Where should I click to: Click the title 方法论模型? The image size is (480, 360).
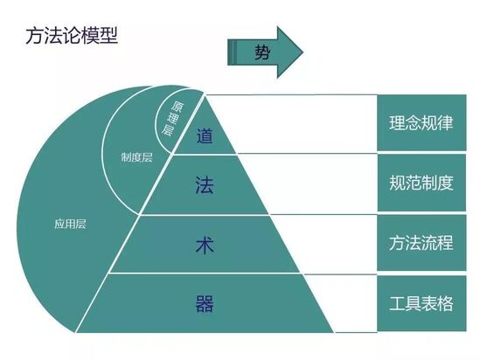(x=72, y=36)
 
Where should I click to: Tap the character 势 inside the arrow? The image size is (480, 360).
(x=262, y=52)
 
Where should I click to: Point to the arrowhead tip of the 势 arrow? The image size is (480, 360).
(x=303, y=52)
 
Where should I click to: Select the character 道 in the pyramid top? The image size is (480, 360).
(x=205, y=135)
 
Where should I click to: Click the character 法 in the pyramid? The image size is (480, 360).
(x=205, y=184)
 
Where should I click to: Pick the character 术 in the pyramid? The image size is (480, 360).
(x=205, y=246)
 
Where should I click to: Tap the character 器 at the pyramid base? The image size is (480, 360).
(x=205, y=303)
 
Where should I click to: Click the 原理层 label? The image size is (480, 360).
(x=172, y=118)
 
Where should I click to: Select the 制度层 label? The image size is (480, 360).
(x=136, y=157)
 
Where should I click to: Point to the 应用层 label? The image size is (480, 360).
(x=71, y=224)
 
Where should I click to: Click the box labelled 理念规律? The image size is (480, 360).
(x=421, y=122)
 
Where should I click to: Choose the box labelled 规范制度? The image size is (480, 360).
(x=421, y=183)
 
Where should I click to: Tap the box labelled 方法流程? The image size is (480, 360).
(x=421, y=243)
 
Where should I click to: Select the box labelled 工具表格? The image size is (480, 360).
(x=421, y=303)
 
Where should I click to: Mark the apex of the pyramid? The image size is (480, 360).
(x=205, y=95)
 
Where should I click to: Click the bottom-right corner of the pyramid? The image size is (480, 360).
(x=333, y=332)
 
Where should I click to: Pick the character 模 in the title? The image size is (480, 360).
(x=90, y=36)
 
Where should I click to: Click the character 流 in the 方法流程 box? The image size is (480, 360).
(x=429, y=243)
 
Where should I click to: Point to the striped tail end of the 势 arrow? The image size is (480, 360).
(x=232, y=52)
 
